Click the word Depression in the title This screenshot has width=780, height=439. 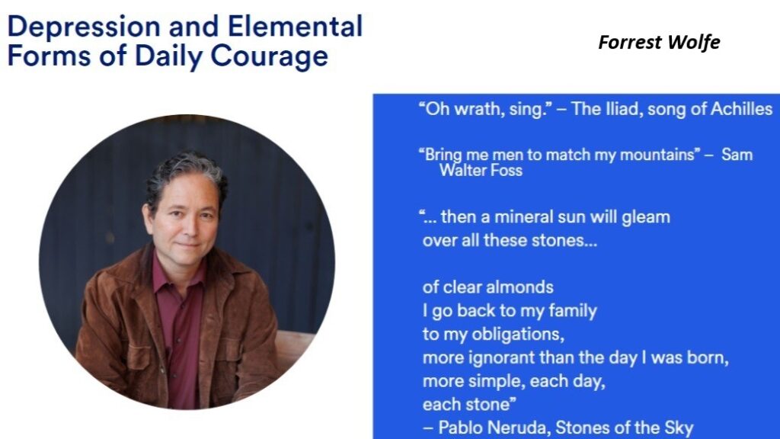tap(85, 27)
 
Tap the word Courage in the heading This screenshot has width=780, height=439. tap(269, 56)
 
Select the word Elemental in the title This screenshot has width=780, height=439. tap(295, 26)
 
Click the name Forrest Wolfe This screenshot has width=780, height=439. tap(659, 43)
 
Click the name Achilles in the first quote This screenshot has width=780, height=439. tap(741, 108)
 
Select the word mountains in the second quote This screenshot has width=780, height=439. tap(660, 155)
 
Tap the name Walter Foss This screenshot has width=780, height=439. tap(481, 170)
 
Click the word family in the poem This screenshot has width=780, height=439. tap(573, 311)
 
